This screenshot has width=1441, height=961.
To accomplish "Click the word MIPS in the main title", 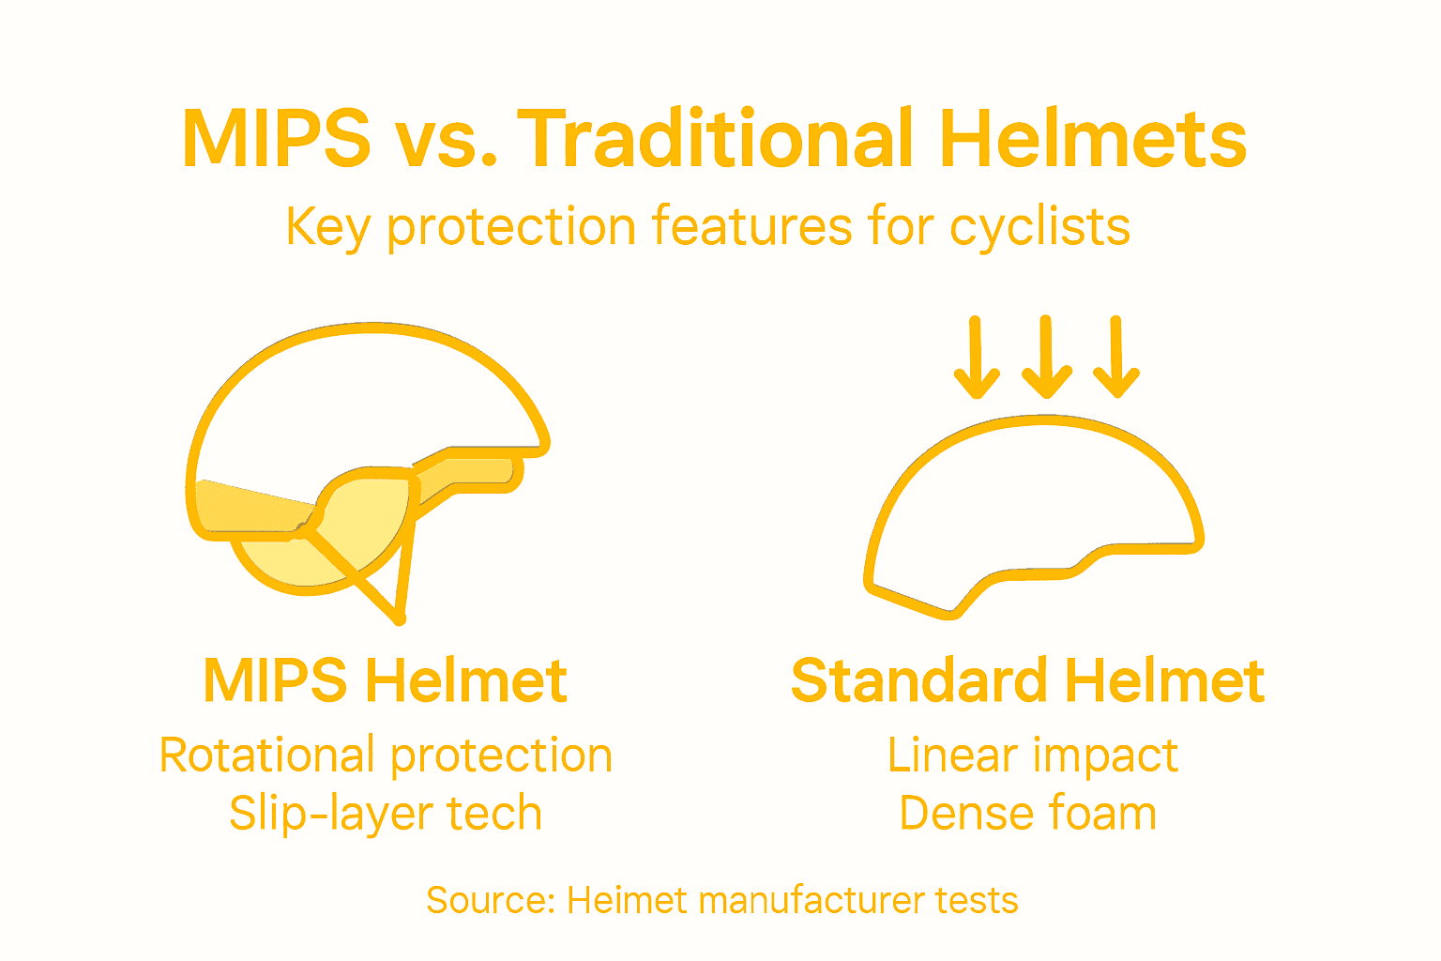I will [x=277, y=139].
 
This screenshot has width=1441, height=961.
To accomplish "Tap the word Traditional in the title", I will [x=716, y=139].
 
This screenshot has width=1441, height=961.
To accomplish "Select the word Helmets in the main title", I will [x=1093, y=139].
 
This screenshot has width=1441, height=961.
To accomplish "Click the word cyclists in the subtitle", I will [x=1039, y=227].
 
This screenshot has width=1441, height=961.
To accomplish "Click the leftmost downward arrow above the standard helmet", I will [x=976, y=358].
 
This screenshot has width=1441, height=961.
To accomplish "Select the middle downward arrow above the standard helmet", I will [x=1046, y=358].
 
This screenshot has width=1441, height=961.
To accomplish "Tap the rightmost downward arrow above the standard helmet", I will [x=1116, y=358].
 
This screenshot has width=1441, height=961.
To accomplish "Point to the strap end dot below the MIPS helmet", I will [x=400, y=619].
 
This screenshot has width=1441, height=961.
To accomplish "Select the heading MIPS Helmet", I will [x=385, y=681].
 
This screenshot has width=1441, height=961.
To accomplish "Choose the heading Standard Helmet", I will [x=1028, y=681].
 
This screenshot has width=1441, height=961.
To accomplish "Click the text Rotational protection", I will [x=386, y=755].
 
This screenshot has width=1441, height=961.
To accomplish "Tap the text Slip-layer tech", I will [x=386, y=814].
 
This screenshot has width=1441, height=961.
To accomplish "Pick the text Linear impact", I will [x=1032, y=755].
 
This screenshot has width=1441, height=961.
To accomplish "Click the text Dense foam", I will [x=1028, y=814].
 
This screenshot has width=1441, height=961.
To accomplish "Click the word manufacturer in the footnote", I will [x=812, y=901].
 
